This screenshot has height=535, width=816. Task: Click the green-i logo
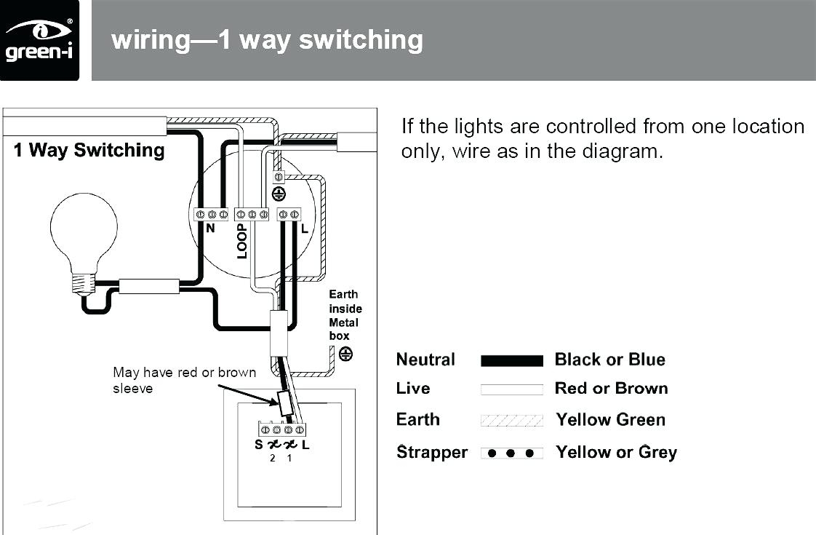pos(39,40)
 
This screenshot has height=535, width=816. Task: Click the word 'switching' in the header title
pos(361,40)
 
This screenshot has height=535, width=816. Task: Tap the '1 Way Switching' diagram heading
pos(89,150)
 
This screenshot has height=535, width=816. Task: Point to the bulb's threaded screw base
pos(83,284)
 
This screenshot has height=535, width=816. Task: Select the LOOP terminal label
pos(242,241)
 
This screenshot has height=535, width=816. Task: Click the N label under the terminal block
pos(210,228)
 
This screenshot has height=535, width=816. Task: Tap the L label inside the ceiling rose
pos(305,228)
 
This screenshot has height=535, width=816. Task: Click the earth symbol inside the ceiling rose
pos(279,194)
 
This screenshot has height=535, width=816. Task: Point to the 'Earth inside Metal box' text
pos(345,315)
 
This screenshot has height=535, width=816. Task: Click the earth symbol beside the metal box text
pos(345,354)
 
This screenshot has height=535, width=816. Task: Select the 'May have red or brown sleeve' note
pos(184,380)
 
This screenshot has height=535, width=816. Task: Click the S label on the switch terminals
pos(259,444)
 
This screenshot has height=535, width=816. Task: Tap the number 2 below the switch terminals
pos(272,459)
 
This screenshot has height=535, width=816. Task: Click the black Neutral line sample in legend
pos(511,361)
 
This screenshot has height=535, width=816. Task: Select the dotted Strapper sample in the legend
pos(511,453)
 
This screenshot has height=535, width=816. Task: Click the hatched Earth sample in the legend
pos(511,421)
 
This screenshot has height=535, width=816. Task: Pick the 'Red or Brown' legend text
pos(611,389)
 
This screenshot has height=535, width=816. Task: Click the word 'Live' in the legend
pos(412,389)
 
